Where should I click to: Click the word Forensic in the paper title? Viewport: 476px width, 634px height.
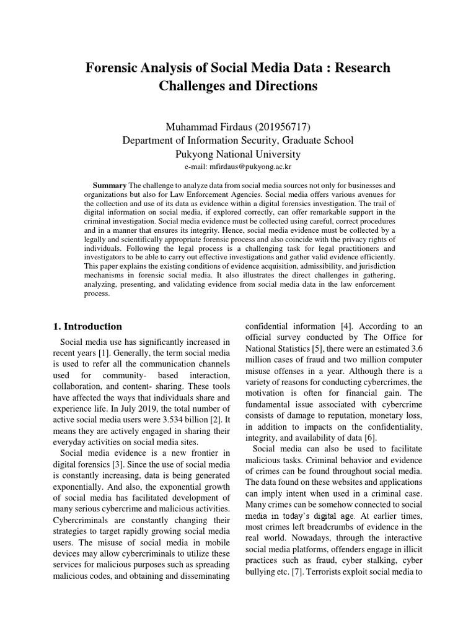[112, 67]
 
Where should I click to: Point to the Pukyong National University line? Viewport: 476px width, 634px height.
[238, 154]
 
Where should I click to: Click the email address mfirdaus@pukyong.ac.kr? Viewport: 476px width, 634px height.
[252, 167]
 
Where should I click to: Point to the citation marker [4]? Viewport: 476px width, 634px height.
[346, 326]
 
